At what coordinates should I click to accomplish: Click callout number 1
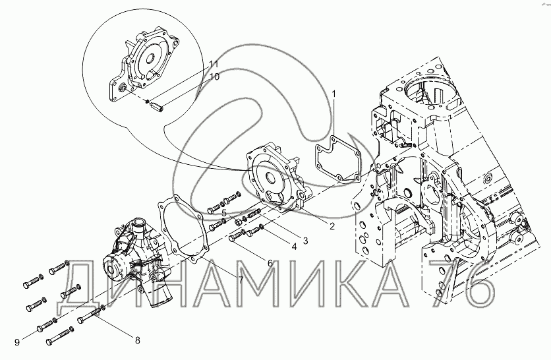point(334,94)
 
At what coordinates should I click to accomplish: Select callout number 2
point(332,226)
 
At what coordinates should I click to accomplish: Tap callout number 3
point(305,241)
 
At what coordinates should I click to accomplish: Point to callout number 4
point(294,247)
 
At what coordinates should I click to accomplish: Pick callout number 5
point(224,213)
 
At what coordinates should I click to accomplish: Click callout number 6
point(270,263)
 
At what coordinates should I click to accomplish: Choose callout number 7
point(241,280)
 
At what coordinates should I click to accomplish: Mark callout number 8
point(137,340)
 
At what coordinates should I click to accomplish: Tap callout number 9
point(17,342)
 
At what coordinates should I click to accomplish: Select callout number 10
point(214,76)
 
